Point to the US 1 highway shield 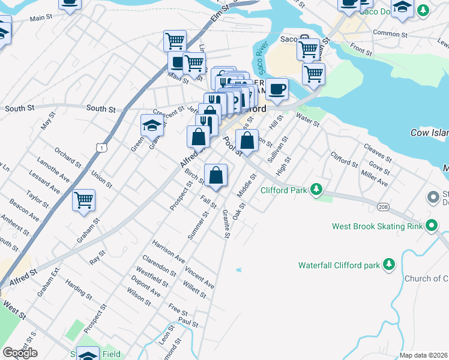pos(103,147)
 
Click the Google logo pos(20,353)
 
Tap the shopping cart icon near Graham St pos(84,200)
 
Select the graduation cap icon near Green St pos(152,125)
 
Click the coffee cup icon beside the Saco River pos(276,89)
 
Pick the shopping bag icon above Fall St pos(216,175)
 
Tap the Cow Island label pos(429,132)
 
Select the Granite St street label pos(226,224)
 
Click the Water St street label pos(308,123)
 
